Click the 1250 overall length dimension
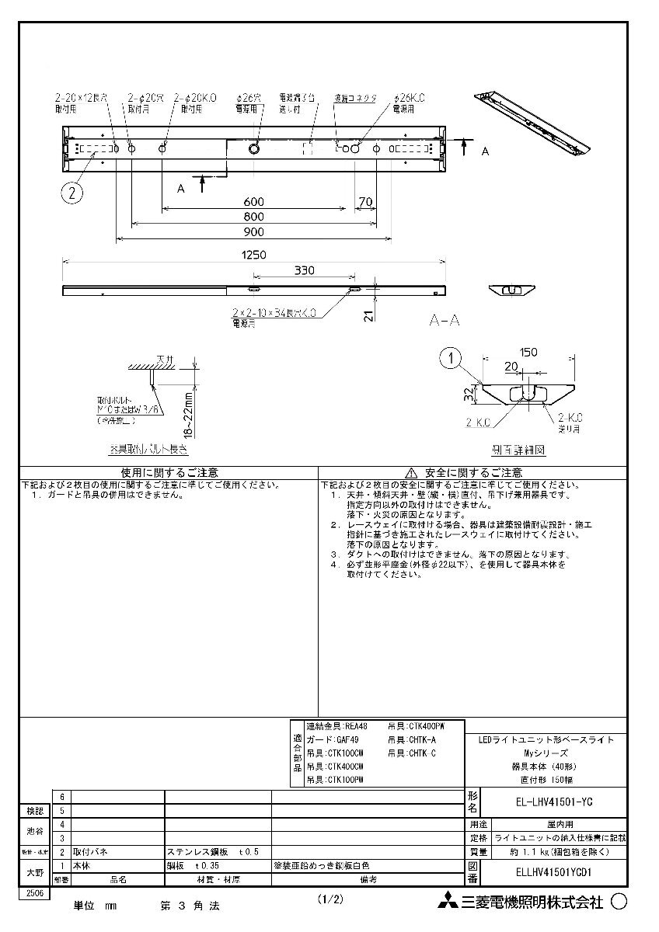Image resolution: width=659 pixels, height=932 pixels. click(x=253, y=255)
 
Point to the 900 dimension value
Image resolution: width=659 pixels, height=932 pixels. click(x=253, y=231)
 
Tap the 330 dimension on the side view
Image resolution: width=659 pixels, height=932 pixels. click(x=304, y=270)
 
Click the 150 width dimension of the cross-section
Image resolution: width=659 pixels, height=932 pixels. click(x=528, y=352)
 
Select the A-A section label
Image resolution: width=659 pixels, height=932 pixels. click(x=445, y=318)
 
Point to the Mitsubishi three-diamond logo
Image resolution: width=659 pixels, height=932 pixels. click(x=447, y=902)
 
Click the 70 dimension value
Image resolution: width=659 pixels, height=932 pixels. click(x=365, y=201)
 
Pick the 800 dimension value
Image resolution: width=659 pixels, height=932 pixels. click(x=253, y=217)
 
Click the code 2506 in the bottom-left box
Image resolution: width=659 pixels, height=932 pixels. click(x=34, y=894)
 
